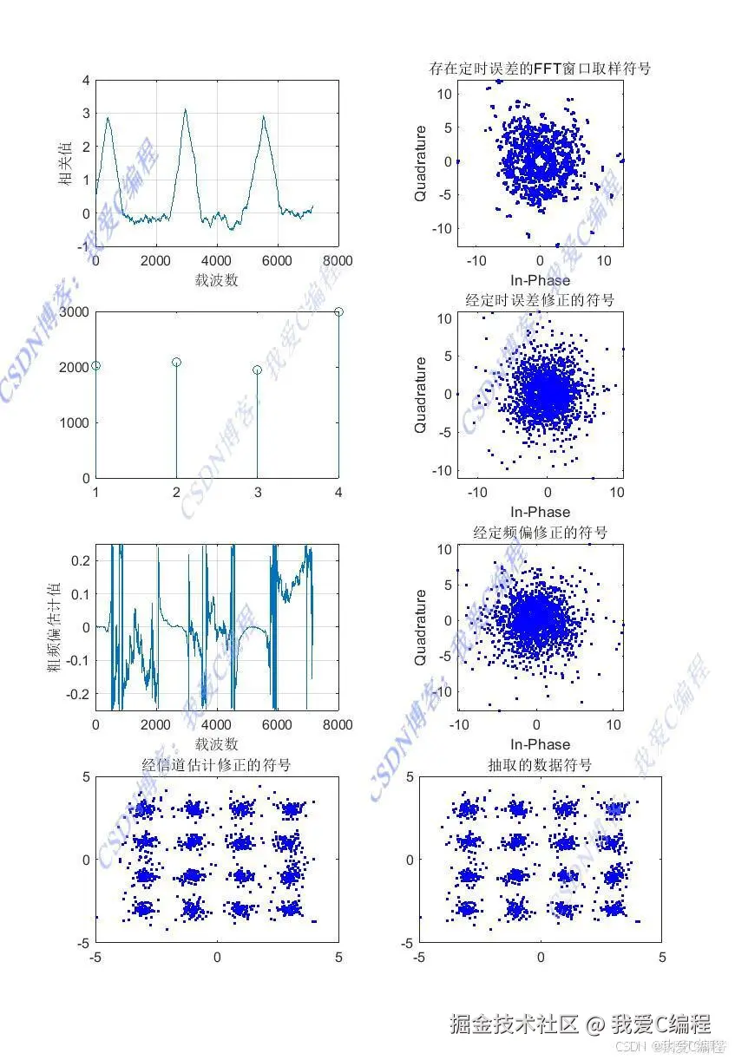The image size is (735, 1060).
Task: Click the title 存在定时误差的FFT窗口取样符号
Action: [x=540, y=68]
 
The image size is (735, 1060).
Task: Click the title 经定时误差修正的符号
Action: [x=540, y=300]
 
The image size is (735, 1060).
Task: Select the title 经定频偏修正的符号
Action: [x=540, y=532]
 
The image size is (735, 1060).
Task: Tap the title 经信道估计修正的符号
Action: [x=216, y=764]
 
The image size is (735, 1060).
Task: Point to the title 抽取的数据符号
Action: [x=540, y=764]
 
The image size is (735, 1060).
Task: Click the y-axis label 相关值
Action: [x=65, y=164]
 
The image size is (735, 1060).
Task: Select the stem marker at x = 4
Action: [x=338, y=311]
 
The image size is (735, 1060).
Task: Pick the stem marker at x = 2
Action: [x=176, y=362]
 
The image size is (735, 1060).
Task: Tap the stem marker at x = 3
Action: [x=257, y=370]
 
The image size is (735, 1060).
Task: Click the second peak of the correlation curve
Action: [x=185, y=110]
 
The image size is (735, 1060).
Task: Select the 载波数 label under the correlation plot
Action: [x=216, y=279]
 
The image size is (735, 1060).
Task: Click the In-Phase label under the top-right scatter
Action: [x=540, y=279]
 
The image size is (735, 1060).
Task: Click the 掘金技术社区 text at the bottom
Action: [x=513, y=1024]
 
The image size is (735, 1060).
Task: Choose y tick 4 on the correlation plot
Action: [x=85, y=81]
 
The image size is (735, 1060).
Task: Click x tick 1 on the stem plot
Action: [x=95, y=493]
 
